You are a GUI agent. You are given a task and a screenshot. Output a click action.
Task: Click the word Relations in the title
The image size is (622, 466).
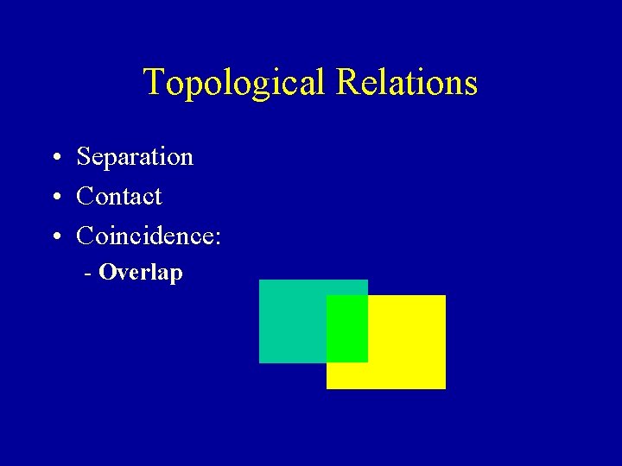click(407, 82)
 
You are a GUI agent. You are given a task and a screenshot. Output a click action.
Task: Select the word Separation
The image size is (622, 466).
click(135, 157)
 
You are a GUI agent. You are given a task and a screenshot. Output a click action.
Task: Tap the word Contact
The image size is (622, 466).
click(119, 197)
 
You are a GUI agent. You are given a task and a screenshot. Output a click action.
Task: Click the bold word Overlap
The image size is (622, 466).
click(141, 274)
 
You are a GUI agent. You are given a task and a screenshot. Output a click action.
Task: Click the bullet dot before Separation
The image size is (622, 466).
click(54, 159)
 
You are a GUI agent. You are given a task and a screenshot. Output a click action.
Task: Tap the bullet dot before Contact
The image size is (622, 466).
click(54, 198)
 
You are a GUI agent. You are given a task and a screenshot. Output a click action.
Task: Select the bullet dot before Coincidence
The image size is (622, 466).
click(54, 236)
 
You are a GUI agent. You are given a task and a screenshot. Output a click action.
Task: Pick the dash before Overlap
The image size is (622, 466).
click(88, 275)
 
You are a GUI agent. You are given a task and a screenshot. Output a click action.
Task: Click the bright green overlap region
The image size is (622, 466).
click(347, 328)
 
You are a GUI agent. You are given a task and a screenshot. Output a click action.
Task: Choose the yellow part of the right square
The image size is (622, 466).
click(406, 345)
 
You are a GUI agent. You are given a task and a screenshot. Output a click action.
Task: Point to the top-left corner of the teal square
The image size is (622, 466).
click(260, 280)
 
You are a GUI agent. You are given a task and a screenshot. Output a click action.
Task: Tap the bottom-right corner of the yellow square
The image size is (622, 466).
click(444, 387)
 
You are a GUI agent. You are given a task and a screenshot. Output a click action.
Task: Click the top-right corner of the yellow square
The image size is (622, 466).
click(444, 296)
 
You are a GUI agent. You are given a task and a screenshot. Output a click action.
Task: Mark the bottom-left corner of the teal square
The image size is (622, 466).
click(260, 362)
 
